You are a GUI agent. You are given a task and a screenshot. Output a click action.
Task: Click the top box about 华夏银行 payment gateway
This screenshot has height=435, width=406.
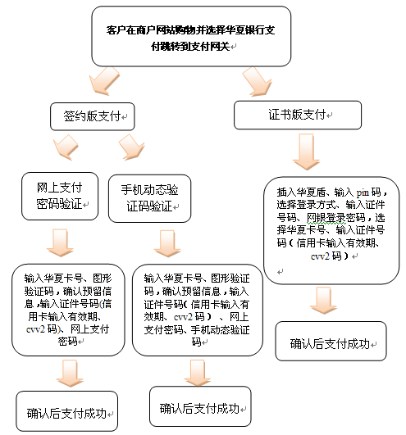(x=191, y=36)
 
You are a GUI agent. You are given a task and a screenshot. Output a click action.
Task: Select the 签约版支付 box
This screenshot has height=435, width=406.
(x=92, y=116)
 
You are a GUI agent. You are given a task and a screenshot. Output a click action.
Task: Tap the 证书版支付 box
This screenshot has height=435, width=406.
(x=298, y=115)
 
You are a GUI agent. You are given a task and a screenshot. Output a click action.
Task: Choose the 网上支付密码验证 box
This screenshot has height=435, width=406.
(x=60, y=196)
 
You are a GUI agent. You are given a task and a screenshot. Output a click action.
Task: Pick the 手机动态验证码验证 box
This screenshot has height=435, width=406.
(x=149, y=198)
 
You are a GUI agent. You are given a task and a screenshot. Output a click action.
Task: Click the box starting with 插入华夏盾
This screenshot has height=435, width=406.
(x=331, y=230)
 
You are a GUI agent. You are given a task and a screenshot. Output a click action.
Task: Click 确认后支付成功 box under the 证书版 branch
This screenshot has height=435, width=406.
(x=331, y=342)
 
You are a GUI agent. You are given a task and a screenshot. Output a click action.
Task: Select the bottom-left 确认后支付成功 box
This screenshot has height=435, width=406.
(x=67, y=411)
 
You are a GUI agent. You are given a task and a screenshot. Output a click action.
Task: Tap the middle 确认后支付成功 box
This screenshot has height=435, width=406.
(x=200, y=406)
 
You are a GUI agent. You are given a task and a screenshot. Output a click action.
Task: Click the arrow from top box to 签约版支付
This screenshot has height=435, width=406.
(x=103, y=81)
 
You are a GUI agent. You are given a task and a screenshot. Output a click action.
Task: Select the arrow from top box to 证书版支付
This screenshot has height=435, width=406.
(x=258, y=82)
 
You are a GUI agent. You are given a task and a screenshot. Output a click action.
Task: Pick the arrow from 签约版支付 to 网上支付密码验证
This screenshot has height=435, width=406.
(x=66, y=147)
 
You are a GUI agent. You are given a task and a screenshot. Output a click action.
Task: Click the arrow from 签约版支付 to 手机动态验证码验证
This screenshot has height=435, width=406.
(x=131, y=147)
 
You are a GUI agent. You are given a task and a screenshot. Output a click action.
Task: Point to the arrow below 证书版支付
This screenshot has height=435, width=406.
(x=306, y=152)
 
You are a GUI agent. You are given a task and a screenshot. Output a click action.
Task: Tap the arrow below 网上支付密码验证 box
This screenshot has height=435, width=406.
(x=60, y=242)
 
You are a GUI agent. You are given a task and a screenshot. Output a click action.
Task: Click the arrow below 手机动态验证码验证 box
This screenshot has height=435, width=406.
(x=167, y=243)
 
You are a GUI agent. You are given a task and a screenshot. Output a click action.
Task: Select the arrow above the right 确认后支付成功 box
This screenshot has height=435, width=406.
(x=323, y=301)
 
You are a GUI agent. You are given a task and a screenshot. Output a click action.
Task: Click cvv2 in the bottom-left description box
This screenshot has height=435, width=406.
(x=35, y=329)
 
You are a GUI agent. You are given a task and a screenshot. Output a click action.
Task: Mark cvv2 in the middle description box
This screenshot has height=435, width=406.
(x=183, y=317)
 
